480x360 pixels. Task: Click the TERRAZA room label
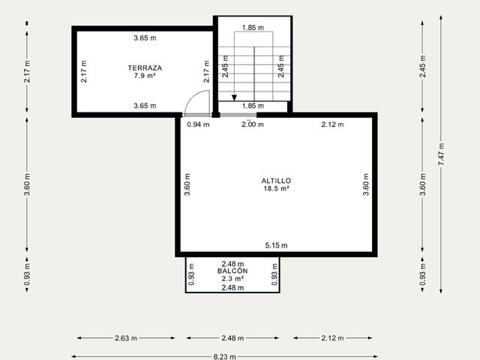coord(145,68)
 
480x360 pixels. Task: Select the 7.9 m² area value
coord(145,76)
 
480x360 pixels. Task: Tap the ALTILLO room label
coord(276,181)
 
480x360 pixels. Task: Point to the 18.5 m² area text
coord(277,188)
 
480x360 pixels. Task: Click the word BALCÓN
coord(232,271)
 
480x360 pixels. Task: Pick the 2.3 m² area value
coord(232,278)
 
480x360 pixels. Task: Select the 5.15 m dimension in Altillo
coord(276,245)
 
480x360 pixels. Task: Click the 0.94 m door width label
coord(198,124)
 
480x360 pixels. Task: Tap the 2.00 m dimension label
coord(253,124)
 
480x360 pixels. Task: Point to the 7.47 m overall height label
coord(441,154)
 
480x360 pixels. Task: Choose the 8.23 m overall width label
coord(225,357)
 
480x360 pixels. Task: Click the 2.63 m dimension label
coord(126,338)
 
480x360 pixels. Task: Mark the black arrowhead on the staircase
coord(234,98)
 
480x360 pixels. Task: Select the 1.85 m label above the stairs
coord(253,28)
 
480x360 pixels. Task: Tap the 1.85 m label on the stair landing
coord(253,106)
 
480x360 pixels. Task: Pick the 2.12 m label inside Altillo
coord(332,124)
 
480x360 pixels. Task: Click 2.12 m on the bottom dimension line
coord(332,338)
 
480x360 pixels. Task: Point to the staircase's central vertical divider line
coord(254,73)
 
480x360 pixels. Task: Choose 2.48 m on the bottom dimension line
coord(232,338)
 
